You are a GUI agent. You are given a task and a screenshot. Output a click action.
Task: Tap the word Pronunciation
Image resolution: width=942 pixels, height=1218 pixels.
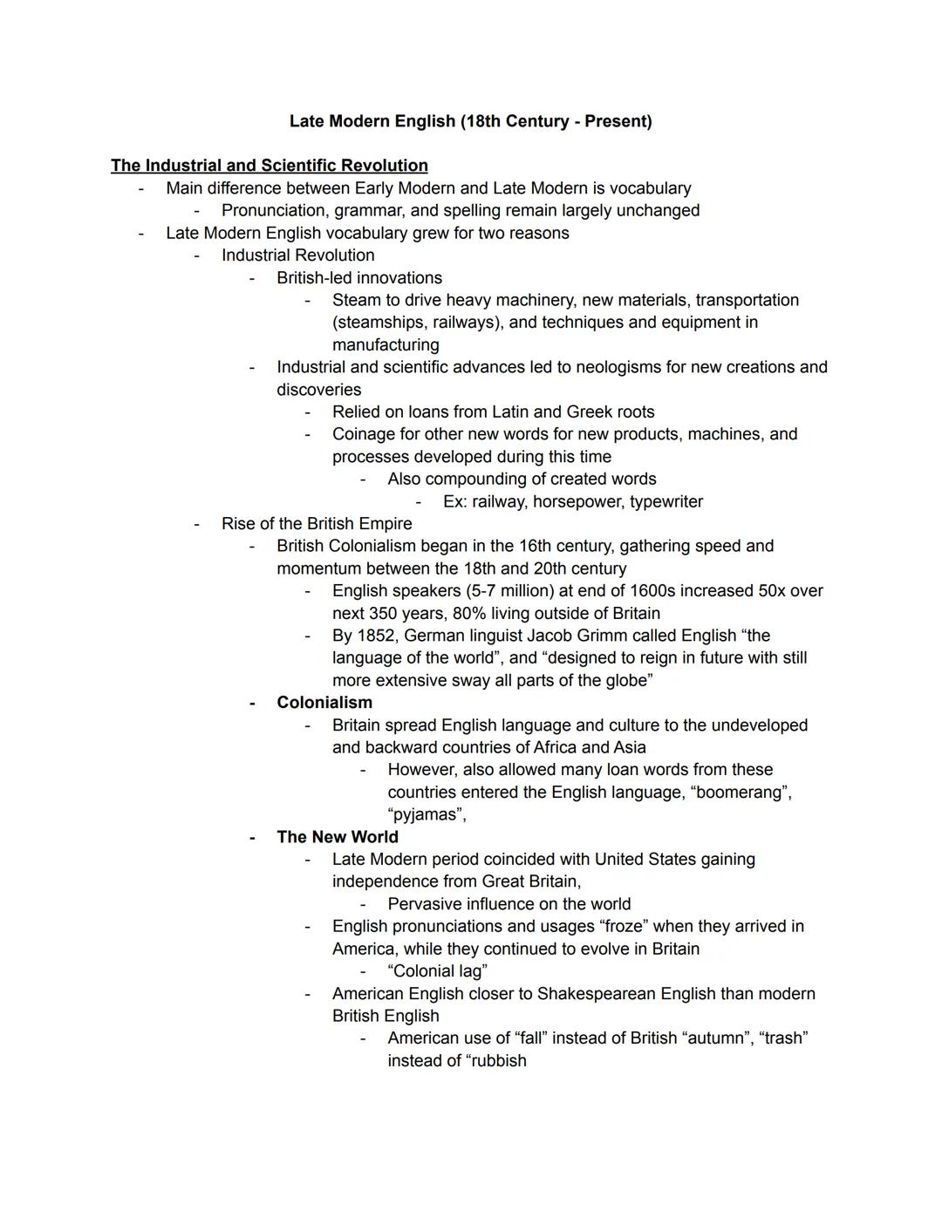275,211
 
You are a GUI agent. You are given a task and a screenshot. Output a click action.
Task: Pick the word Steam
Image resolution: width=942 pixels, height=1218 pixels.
356,300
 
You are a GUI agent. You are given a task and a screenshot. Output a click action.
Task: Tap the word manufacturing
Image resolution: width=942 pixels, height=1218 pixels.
386,345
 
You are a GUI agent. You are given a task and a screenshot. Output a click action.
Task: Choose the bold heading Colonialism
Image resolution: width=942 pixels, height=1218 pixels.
324,703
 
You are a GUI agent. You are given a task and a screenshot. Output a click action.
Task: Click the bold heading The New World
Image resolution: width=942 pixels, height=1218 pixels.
338,837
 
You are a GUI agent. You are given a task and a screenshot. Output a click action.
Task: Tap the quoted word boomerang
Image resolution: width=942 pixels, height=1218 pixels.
741,793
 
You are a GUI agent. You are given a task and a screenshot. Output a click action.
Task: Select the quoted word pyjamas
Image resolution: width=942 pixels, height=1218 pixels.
427,815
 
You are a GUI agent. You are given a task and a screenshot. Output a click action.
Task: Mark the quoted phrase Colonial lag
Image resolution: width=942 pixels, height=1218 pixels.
437,971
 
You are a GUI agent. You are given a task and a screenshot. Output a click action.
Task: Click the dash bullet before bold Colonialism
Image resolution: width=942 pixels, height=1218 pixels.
252,703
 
